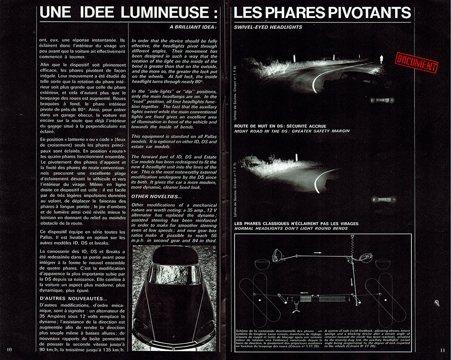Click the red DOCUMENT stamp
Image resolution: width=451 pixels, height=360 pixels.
(x=417, y=62)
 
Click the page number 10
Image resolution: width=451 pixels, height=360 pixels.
(x=9, y=350)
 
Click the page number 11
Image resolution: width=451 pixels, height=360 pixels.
(x=442, y=350)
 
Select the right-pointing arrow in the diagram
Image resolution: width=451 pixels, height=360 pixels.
(x=318, y=253)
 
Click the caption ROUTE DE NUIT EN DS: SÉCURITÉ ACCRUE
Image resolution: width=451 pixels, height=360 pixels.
(x=282, y=126)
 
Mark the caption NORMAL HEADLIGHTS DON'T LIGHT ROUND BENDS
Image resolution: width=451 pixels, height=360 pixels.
(x=291, y=228)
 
